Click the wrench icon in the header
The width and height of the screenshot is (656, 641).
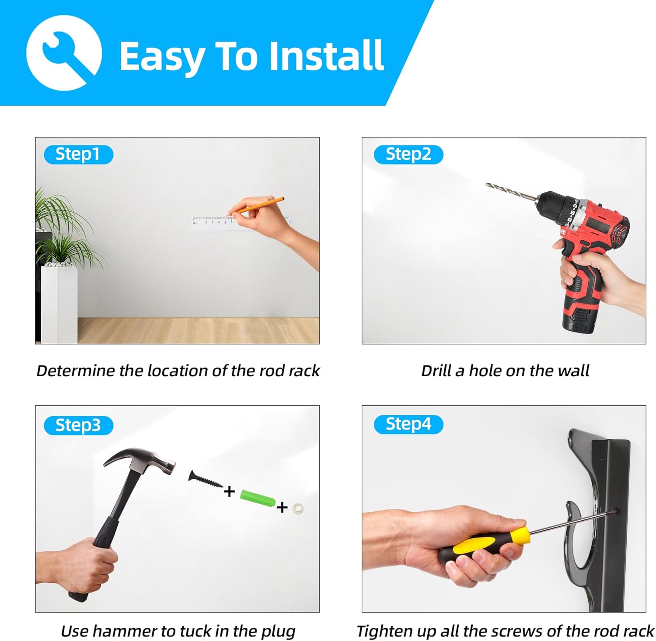[x=64, y=53]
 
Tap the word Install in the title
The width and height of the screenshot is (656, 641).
[x=326, y=56]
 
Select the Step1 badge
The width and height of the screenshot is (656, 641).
[x=78, y=154]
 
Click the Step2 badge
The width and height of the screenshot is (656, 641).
[x=408, y=154]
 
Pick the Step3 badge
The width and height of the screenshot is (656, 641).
[x=78, y=426]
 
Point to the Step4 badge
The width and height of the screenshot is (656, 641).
[x=408, y=424]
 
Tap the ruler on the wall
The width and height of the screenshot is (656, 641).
[x=241, y=222]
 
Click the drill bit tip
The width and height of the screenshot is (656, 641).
[x=487, y=184]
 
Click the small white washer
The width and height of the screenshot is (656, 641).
[x=298, y=508]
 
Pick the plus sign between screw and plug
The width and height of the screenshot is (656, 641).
[x=229, y=492]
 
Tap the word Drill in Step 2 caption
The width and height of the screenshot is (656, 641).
[x=436, y=371]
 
